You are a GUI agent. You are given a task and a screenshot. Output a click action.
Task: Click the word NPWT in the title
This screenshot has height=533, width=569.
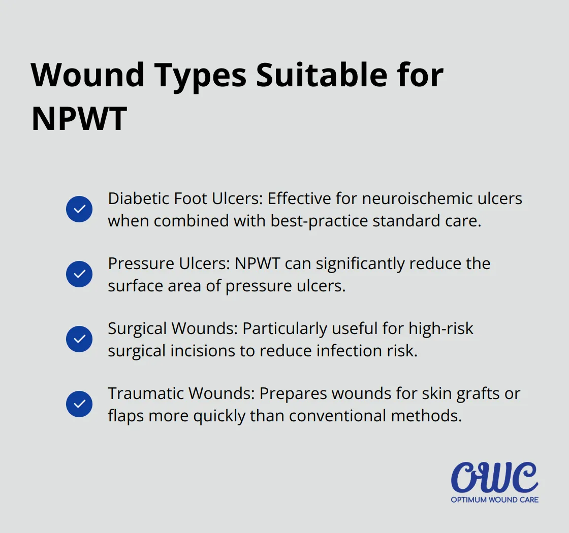click(x=79, y=119)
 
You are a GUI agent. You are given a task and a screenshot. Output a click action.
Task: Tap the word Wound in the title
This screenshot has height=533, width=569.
click(x=88, y=75)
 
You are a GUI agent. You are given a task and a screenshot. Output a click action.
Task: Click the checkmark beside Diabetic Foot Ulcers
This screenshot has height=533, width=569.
click(x=79, y=209)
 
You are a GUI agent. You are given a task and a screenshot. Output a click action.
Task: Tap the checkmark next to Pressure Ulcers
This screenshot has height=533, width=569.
click(x=79, y=274)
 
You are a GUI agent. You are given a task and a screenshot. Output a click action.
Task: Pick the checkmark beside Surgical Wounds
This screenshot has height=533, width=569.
click(x=79, y=339)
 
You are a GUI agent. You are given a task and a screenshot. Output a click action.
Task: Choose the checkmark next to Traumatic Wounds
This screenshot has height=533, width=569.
click(x=79, y=404)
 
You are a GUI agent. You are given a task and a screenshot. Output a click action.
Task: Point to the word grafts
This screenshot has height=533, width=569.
click(x=451, y=393)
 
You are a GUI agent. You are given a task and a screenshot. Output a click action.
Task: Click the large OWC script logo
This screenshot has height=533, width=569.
click(x=494, y=477)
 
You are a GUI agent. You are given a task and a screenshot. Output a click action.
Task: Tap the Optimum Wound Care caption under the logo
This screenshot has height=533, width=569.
click(x=494, y=499)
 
